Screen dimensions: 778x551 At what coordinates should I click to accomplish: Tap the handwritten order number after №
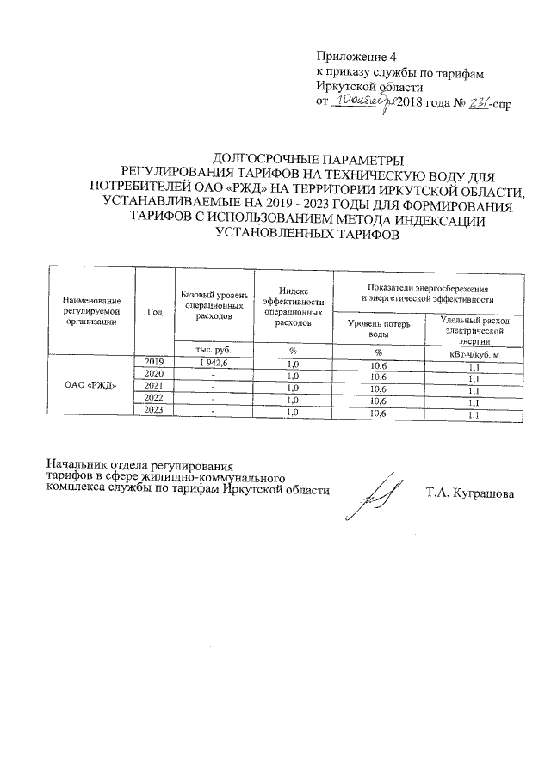coord(477,101)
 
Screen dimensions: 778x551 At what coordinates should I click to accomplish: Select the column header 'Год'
coord(155,311)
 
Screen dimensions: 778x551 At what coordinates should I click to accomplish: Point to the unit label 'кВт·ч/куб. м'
coord(474,352)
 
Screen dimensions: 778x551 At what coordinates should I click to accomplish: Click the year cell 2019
coord(155,362)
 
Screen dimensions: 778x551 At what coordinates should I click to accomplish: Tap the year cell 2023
coord(155,411)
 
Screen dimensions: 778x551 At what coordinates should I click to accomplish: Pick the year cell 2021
coord(155,386)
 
